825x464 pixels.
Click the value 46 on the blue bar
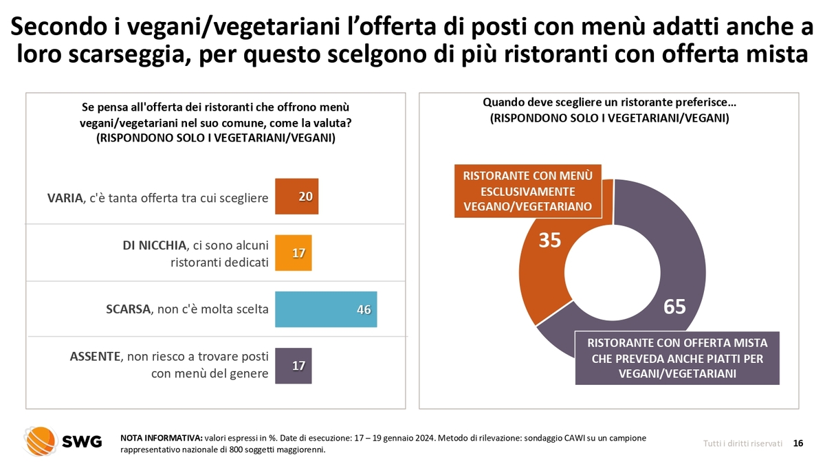click(x=364, y=309)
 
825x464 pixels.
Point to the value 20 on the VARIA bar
click(x=306, y=197)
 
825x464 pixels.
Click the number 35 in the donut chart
click(x=549, y=241)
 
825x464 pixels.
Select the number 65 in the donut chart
click(x=674, y=307)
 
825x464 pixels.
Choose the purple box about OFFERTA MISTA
click(x=677, y=357)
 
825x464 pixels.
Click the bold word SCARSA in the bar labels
click(x=127, y=309)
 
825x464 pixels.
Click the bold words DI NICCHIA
click(x=149, y=244)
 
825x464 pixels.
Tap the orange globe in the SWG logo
click(x=40, y=441)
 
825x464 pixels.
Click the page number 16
click(x=798, y=443)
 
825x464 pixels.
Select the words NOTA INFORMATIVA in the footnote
click(x=161, y=438)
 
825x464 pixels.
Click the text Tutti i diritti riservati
click(x=742, y=444)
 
